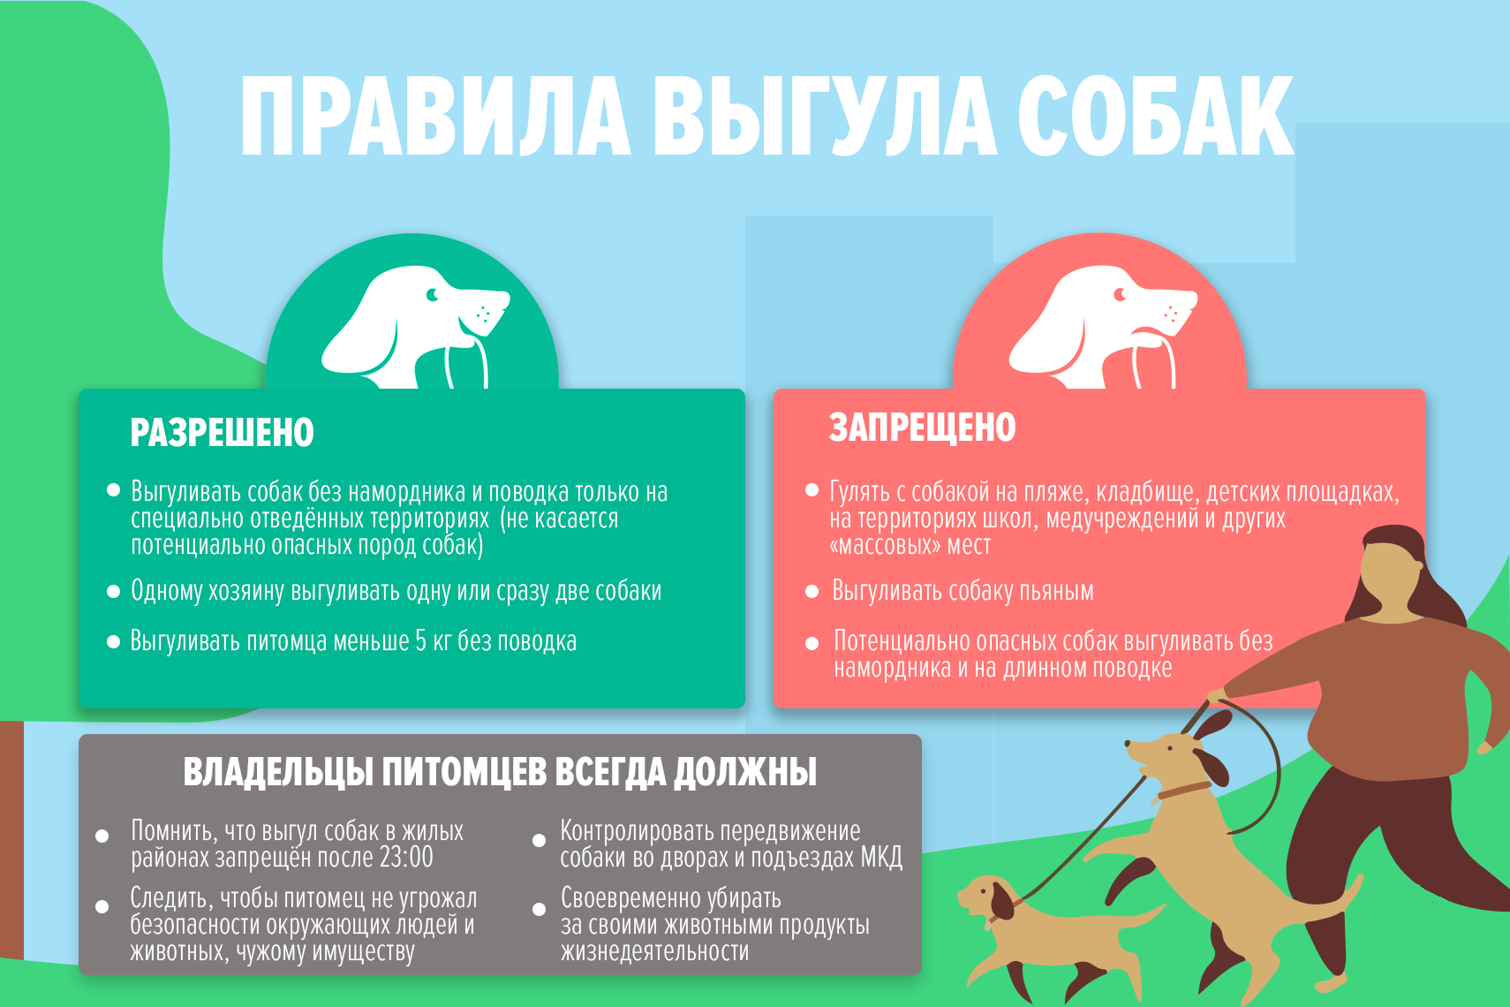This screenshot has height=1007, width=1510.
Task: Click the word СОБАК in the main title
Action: pos(1155,116)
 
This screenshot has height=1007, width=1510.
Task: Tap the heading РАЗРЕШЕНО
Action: pos(222,432)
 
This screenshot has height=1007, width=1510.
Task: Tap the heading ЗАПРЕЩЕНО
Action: pos(922,428)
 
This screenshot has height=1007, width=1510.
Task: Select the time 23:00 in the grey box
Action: pos(406,857)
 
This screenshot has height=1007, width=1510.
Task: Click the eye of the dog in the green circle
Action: pos(432,295)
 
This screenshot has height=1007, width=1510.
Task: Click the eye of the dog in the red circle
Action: pos(1120,295)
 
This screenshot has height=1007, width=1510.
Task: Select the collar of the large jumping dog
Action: pos(1184,790)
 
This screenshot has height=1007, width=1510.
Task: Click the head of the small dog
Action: pos(987,898)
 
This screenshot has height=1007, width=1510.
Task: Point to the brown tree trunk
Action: pos(11,840)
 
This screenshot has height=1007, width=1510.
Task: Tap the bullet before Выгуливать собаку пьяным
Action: pos(812,592)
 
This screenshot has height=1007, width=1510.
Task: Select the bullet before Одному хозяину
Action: pos(113,592)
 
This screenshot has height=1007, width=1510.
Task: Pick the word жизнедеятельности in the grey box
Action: pos(654,951)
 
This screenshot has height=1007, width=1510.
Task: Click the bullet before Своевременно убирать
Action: pos(539,910)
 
